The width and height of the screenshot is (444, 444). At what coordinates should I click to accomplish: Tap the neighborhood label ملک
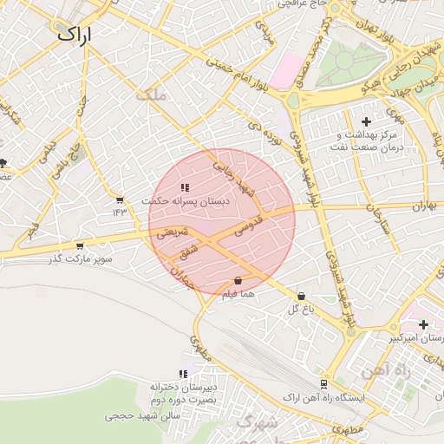(x=150, y=95)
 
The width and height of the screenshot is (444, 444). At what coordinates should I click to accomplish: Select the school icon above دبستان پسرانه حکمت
(x=184, y=187)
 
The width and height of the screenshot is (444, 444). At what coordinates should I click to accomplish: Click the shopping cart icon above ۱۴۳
(x=119, y=200)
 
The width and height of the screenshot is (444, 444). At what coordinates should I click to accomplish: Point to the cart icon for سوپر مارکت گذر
(x=80, y=246)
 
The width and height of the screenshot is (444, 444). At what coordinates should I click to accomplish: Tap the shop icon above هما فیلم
(x=238, y=281)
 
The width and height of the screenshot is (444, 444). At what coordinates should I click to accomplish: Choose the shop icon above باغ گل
(x=301, y=296)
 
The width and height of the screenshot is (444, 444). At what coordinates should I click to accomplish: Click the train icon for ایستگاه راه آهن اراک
(x=323, y=383)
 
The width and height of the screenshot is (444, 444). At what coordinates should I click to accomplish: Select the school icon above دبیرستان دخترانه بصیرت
(x=183, y=374)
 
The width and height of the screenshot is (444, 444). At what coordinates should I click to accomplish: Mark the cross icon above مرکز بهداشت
(x=366, y=121)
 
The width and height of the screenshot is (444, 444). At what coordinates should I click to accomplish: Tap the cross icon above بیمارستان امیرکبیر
(x=422, y=324)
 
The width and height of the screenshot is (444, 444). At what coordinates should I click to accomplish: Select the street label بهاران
(x=422, y=206)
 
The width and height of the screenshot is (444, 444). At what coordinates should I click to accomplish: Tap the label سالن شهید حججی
(x=141, y=416)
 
